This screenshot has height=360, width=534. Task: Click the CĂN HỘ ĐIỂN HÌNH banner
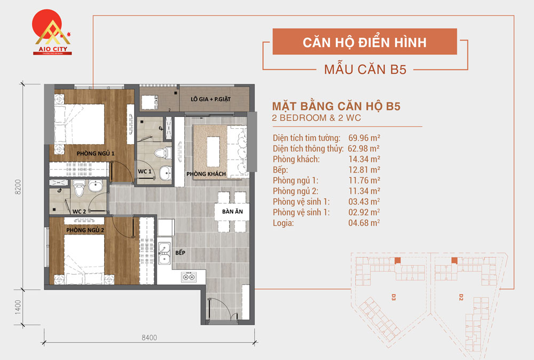(365, 42)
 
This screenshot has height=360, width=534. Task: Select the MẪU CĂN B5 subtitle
(365, 69)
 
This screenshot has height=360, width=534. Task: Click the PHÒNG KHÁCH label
(206, 174)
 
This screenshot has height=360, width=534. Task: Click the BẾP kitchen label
(180, 252)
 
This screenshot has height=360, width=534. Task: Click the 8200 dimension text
(18, 187)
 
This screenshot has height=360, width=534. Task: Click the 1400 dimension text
(18, 307)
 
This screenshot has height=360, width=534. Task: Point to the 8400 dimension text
(149, 337)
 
